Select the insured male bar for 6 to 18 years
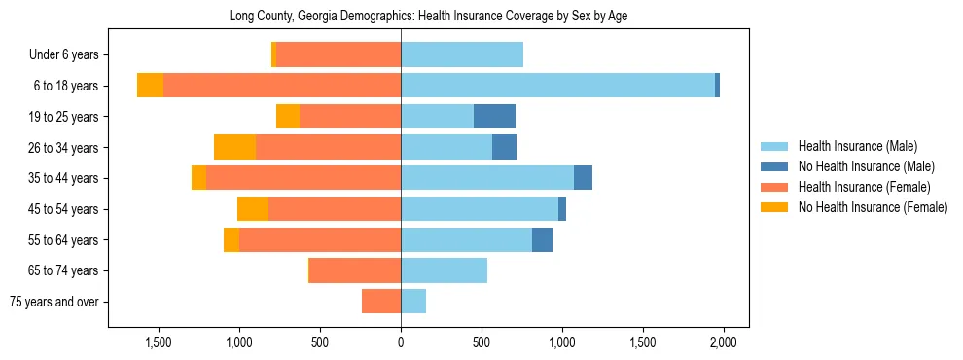coord(557,86)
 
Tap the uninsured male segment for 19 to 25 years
coord(494,117)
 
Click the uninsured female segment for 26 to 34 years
coord(234,147)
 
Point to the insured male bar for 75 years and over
coord(413,302)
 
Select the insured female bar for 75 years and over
coord(381,302)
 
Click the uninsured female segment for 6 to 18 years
coord(150,86)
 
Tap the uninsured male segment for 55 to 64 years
coord(542,239)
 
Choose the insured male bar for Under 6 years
coord(462,54)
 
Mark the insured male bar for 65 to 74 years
coord(444,270)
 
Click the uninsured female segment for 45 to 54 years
coord(253,209)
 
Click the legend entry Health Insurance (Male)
coord(857,147)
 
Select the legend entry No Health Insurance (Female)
coord(872,207)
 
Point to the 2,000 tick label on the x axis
coord(723,342)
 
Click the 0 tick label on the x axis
coord(401,342)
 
